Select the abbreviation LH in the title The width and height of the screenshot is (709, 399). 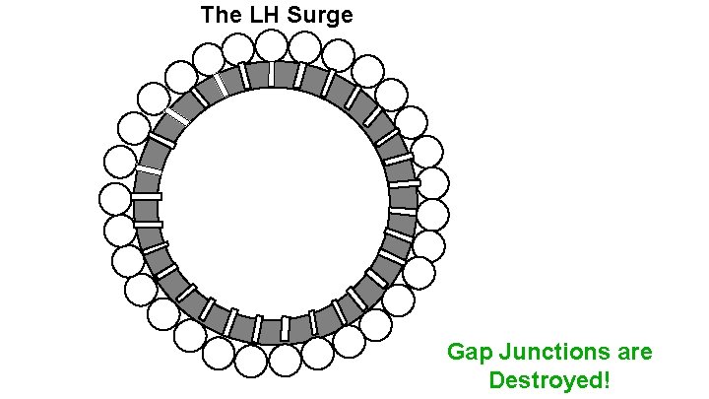[260, 15]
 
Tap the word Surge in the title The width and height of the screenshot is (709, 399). [319, 16]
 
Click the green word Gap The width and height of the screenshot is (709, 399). [468, 353]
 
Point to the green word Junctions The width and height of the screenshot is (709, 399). [552, 352]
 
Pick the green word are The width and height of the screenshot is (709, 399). [633, 353]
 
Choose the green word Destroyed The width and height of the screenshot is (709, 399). [545, 380]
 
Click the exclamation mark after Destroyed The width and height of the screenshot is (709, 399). [606, 379]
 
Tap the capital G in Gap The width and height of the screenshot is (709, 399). [456, 352]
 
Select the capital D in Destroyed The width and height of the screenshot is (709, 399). [496, 379]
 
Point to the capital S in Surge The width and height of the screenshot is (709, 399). [294, 15]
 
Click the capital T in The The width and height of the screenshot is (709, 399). [207, 15]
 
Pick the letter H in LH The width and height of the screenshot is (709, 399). [268, 15]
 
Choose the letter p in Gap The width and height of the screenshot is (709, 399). [483, 355]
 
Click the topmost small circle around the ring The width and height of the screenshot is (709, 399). [271, 44]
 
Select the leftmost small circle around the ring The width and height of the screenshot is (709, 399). [115, 198]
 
